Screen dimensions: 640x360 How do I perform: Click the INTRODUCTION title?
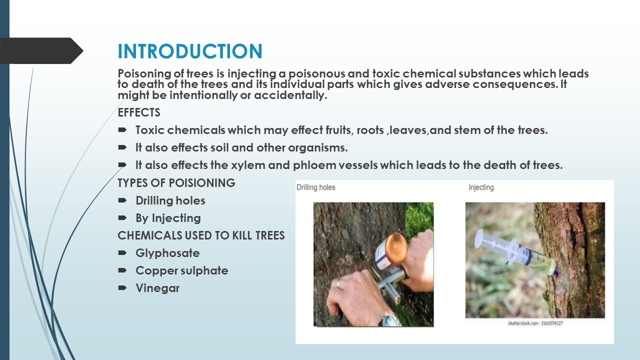coord(190,51)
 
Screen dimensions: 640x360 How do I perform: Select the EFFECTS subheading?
coord(139,112)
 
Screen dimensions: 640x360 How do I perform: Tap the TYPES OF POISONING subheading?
coord(176,183)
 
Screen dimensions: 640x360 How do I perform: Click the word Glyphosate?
coord(167,253)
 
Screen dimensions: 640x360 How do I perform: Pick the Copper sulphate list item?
coord(181,271)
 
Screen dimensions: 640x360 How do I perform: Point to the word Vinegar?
coord(157,288)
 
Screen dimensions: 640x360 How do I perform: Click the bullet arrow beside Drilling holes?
coord(122,200)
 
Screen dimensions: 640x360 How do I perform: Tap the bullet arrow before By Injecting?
coord(122,217)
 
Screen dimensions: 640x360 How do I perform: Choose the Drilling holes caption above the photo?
coord(315,187)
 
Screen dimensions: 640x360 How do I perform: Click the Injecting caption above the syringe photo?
coord(481,187)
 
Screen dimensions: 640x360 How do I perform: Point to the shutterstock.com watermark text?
coord(535,323)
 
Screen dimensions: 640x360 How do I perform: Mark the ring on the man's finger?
coord(338,283)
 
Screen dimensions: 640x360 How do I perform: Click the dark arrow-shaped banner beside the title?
coord(41,50)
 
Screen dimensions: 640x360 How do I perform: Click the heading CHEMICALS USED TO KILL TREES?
coord(201,235)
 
